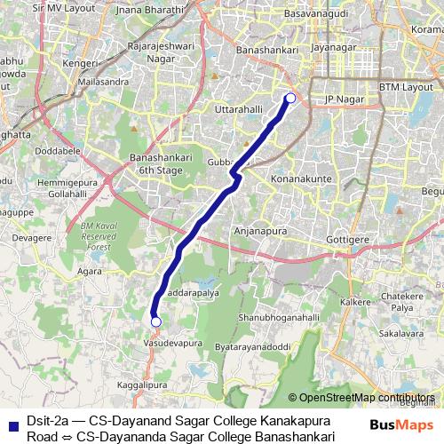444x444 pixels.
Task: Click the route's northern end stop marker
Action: (289, 98)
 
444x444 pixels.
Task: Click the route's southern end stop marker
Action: (155, 321)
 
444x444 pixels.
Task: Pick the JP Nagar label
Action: (339, 99)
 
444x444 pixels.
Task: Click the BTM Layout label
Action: (403, 87)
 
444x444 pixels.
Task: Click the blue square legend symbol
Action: (12, 423)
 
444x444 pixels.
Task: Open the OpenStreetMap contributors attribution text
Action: (367, 397)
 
